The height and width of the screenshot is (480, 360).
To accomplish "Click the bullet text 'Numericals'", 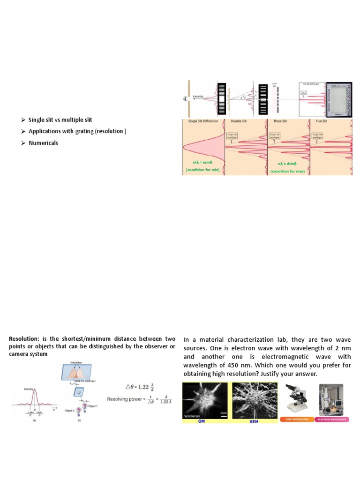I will [43, 143].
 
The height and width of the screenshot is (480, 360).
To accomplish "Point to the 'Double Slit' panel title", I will [240, 121].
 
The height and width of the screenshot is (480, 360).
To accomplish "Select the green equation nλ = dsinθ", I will [287, 164].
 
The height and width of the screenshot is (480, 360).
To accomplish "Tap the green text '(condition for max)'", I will [287, 172].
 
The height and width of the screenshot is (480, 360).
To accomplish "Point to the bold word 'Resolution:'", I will [24, 339].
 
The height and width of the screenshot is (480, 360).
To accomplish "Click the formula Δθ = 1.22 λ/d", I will [139, 387].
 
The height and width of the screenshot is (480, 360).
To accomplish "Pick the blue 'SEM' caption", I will [254, 421].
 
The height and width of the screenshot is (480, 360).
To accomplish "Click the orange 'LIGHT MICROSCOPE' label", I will [296, 419].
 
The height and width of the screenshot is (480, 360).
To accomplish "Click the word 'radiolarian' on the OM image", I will [194, 416].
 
